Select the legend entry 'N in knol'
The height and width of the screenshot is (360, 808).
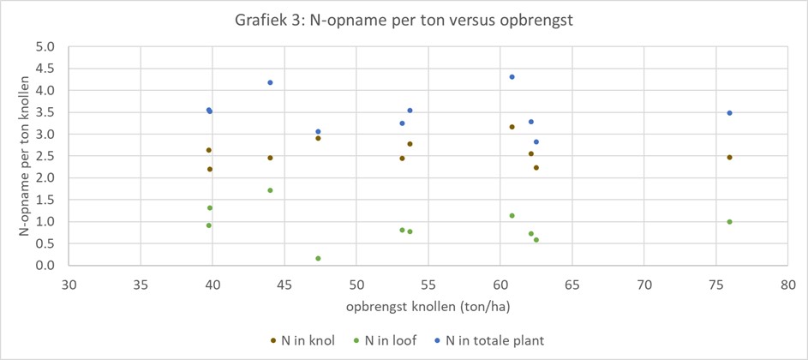(x=305, y=340)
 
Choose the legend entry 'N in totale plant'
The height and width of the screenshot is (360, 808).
(x=489, y=340)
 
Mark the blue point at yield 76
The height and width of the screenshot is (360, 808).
(x=729, y=113)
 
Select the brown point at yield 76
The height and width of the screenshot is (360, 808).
(x=729, y=158)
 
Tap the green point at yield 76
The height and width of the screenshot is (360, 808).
(x=729, y=222)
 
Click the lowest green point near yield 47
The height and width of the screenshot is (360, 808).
(x=318, y=258)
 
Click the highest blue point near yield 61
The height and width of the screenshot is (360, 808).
(x=512, y=77)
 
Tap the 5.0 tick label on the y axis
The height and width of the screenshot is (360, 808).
(x=45, y=46)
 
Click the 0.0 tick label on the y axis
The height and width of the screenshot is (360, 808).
(x=45, y=266)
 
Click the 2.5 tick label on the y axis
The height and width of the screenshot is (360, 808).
(x=45, y=156)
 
